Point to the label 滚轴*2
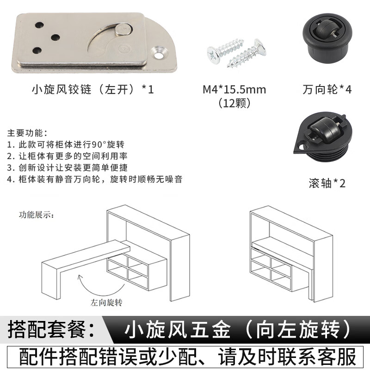tap(327, 183)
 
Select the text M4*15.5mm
tap(234, 89)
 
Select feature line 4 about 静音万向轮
tap(95, 179)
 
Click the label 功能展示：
tap(37, 215)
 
